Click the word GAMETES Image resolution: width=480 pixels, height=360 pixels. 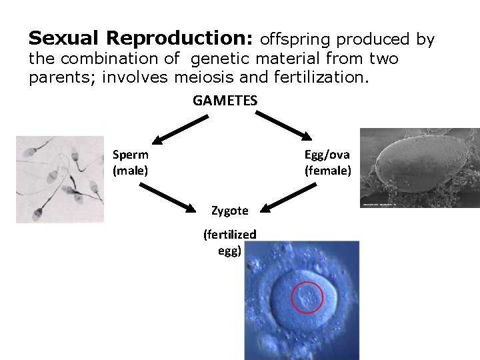[x=225, y=101]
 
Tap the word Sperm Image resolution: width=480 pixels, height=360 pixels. [x=131, y=154]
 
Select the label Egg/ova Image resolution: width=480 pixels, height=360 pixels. [x=327, y=154]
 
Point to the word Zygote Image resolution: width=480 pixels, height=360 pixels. [x=229, y=211]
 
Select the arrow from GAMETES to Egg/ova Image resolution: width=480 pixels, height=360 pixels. [x=279, y=127]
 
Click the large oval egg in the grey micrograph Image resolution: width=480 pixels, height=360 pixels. [x=414, y=167]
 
